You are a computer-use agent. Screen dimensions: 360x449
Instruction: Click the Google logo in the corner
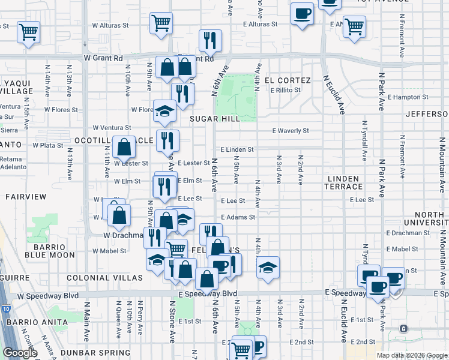pos(20,353)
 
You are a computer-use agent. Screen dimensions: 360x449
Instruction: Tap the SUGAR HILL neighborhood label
pos(214,119)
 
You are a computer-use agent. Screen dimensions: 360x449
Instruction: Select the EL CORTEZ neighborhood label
pos(291,80)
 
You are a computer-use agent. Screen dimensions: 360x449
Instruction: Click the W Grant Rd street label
pos(103,58)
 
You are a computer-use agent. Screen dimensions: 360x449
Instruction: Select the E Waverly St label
pos(291,130)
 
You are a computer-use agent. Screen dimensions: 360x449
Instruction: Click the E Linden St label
pos(237,149)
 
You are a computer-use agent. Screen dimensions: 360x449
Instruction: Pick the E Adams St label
pos(238,217)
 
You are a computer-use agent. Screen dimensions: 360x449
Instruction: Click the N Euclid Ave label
pos(335,95)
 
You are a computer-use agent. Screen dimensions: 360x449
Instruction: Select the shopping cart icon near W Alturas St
pos(160,23)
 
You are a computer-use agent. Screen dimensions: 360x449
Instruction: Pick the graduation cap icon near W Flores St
pos(164,110)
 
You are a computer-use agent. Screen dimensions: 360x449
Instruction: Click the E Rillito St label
pos(285,90)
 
